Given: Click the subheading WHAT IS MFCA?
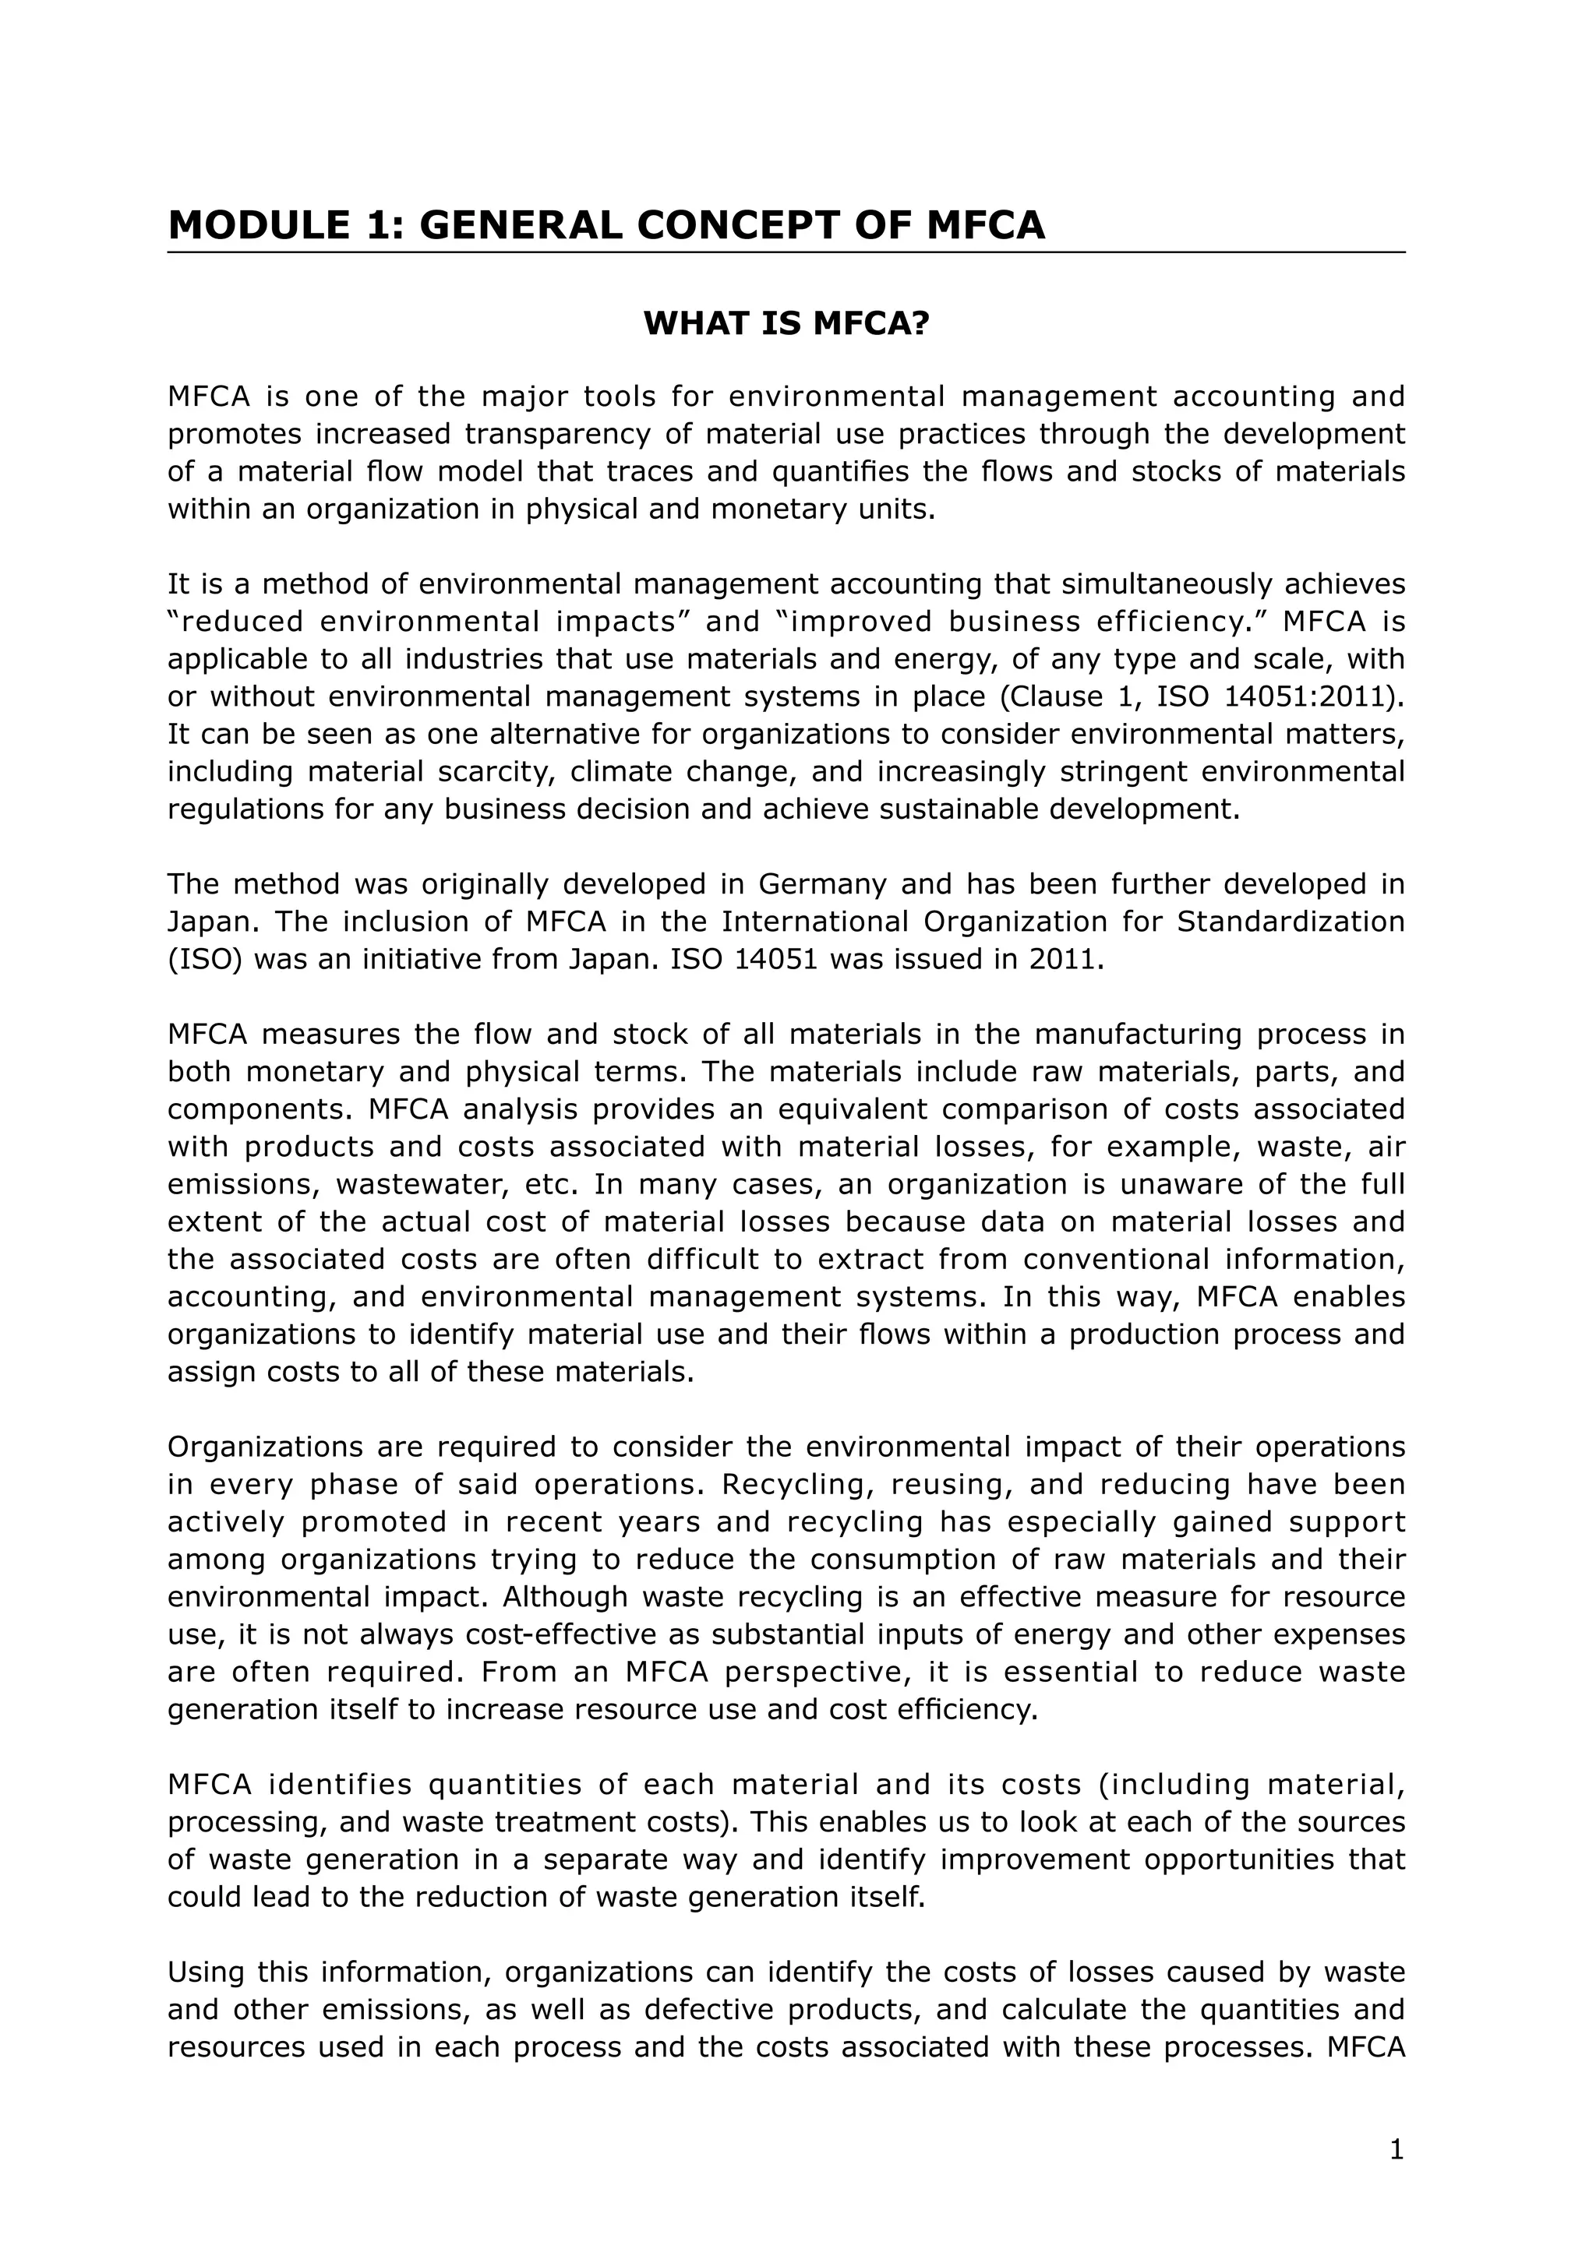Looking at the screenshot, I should (x=786, y=324).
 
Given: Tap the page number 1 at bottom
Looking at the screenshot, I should (x=1396, y=2152).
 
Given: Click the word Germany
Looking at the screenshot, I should (x=824, y=884).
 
